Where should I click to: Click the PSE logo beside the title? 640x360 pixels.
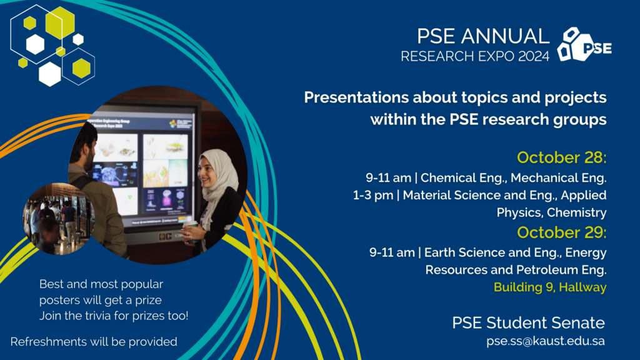(x=584, y=44)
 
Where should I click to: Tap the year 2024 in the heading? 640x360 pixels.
(x=534, y=56)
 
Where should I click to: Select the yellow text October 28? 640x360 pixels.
(x=562, y=157)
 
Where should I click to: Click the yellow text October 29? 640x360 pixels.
(x=562, y=232)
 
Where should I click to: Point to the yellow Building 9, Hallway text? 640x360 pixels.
(x=550, y=287)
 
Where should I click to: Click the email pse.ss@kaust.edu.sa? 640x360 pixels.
(x=545, y=341)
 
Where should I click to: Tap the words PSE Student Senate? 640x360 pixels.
(x=528, y=323)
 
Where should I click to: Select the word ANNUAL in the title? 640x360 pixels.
(x=505, y=36)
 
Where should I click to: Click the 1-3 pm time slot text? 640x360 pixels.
(x=373, y=196)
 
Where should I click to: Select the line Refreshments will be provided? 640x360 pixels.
(x=94, y=342)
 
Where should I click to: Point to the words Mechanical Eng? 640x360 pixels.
(x=558, y=178)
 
